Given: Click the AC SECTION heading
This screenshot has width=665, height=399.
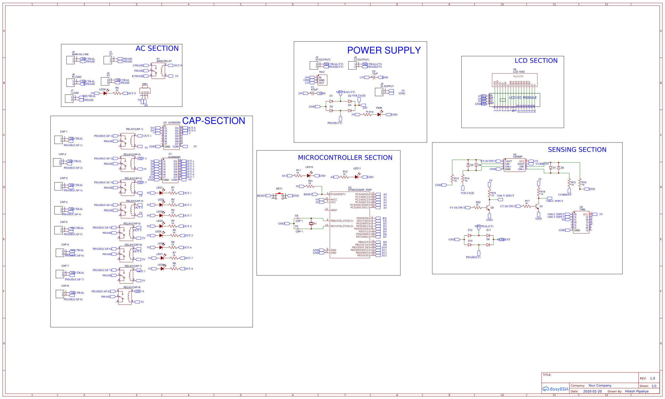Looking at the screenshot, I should (x=157, y=48).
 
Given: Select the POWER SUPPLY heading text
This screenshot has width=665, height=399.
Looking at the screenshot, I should (x=384, y=50).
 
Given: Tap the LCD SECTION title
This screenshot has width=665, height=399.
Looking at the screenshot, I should (x=536, y=61).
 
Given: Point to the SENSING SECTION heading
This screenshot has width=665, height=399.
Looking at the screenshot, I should (x=577, y=150).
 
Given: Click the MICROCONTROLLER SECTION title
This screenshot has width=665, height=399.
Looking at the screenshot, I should (x=345, y=158).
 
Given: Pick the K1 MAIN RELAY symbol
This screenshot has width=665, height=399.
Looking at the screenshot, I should (x=158, y=71).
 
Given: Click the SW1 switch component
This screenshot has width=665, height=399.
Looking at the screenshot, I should (x=145, y=91).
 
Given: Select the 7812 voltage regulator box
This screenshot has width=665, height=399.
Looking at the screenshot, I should (x=322, y=80).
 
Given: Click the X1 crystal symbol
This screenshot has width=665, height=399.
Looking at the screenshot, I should (x=311, y=224).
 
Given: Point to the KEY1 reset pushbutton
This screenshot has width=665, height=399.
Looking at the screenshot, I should (x=279, y=196).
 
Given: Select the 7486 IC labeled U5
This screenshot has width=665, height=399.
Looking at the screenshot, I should (x=581, y=222).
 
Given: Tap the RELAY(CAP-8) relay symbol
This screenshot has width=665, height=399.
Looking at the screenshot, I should (x=125, y=297).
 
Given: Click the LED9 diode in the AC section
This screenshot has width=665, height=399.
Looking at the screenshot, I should (x=105, y=93).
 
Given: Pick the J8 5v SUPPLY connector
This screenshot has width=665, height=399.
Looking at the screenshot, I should (x=379, y=92).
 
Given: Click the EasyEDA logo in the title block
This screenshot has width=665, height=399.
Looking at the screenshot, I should (x=555, y=389).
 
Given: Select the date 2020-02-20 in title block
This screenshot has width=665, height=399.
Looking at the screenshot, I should (x=592, y=392).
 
